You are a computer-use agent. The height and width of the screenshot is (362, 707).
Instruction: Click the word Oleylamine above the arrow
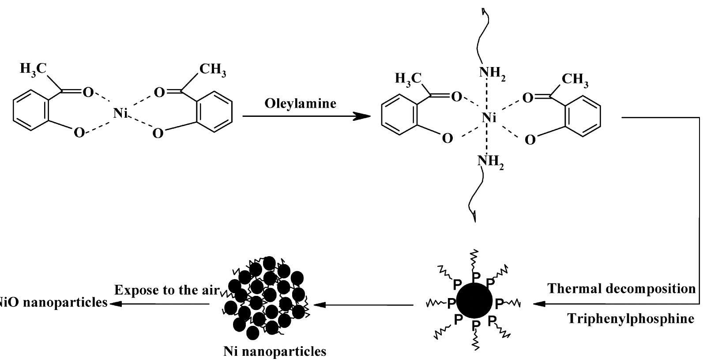point(301,104)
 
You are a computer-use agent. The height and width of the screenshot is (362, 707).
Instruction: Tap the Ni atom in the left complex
point(120,112)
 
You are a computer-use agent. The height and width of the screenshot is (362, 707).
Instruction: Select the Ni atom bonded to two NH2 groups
point(489,118)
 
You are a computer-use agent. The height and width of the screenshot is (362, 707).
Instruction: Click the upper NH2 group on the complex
point(492,74)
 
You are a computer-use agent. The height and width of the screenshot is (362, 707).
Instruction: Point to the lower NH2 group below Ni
point(490,162)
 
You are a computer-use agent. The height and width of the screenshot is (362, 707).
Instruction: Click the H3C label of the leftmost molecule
point(34,69)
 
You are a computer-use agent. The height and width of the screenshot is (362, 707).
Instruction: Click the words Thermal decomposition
point(621,288)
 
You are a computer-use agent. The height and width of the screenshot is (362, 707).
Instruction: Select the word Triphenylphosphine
point(631,318)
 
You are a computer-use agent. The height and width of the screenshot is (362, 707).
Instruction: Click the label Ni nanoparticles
point(275,351)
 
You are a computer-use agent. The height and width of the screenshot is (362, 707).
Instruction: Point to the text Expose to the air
point(167,290)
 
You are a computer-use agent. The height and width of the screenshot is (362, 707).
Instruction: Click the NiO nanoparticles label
point(54,302)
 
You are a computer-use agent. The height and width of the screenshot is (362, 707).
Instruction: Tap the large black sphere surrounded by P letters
point(474,301)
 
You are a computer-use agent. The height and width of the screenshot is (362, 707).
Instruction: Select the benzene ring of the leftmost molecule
point(31,110)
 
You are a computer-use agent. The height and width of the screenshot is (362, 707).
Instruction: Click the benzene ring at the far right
point(583,116)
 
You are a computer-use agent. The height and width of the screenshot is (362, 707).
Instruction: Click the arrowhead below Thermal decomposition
point(539,304)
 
